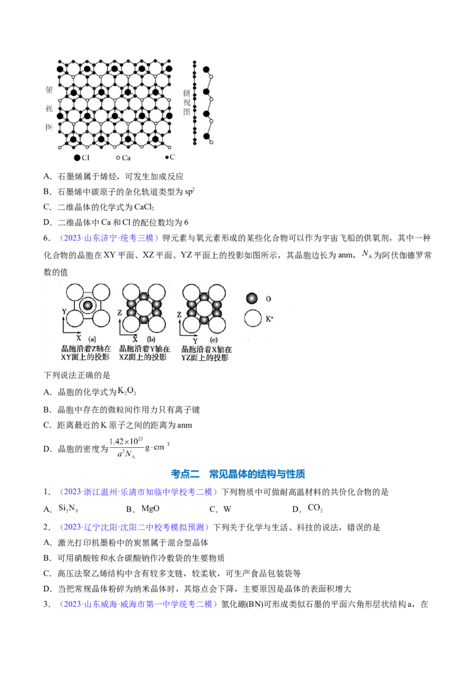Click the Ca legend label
tap(127, 158)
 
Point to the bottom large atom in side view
tap(206, 136)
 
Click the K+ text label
tap(270, 320)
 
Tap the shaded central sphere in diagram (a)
tap(88, 305)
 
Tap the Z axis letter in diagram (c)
tap(179, 311)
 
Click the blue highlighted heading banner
tap(239, 474)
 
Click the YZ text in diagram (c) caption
tap(187, 358)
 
